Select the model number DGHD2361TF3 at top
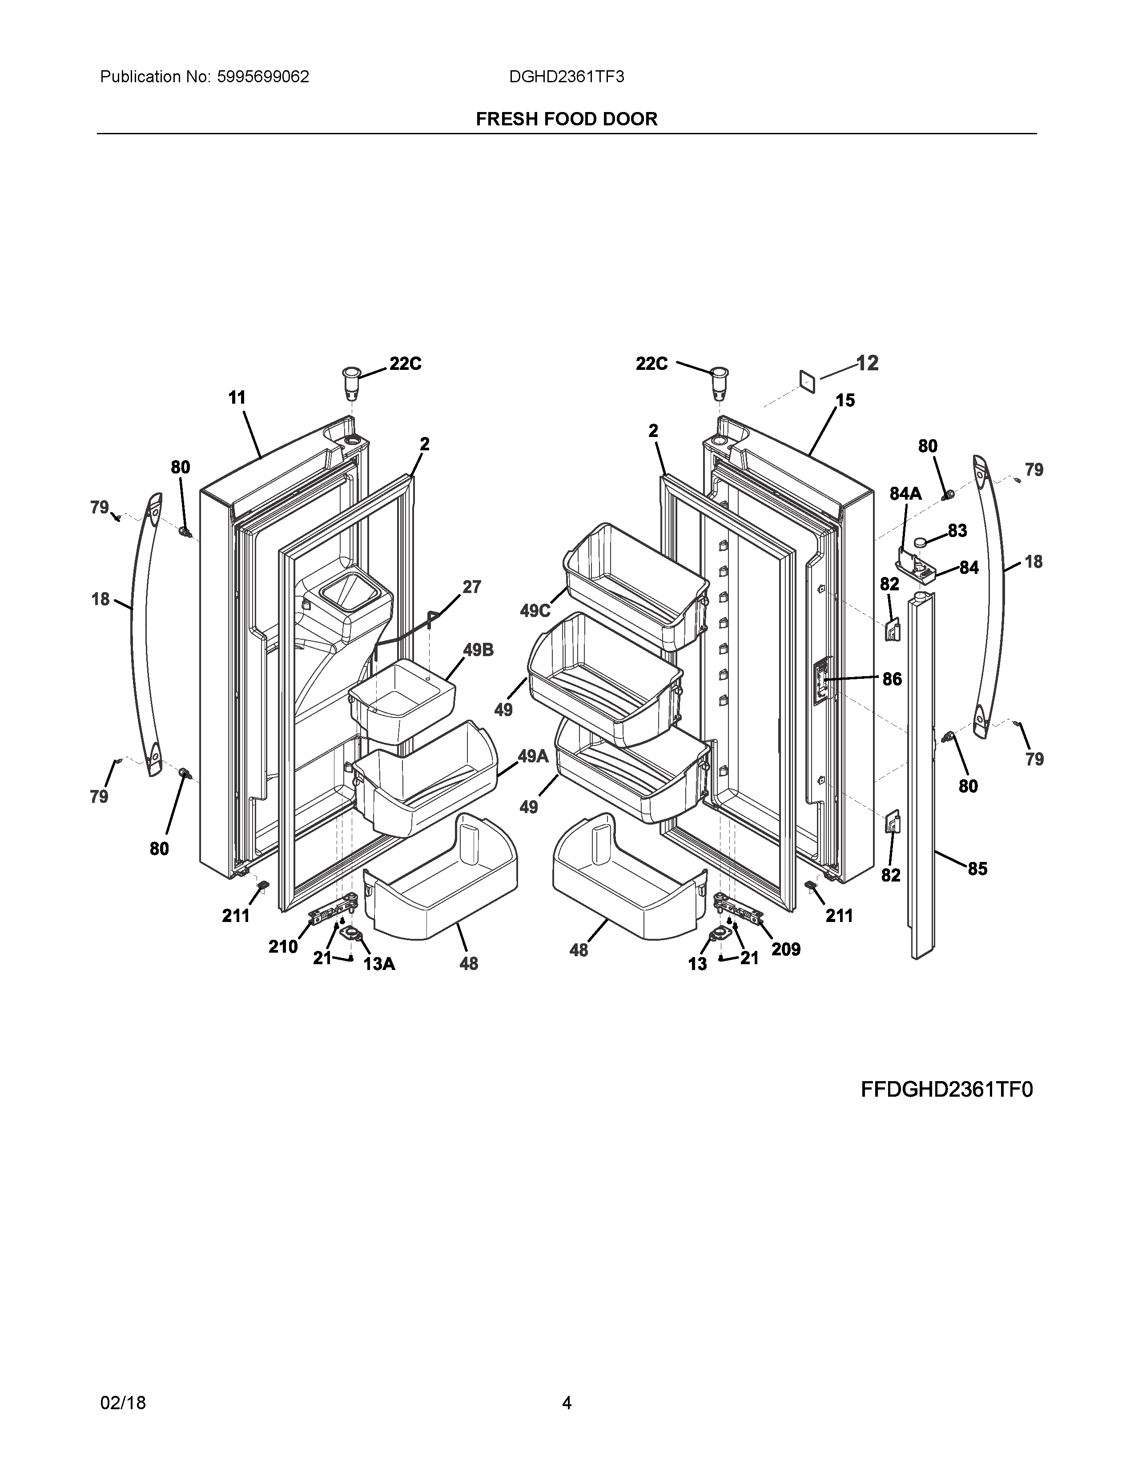click(566, 77)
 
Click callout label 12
click(867, 363)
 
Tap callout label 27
click(471, 587)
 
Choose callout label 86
click(892, 679)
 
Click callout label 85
click(977, 869)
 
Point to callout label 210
click(283, 946)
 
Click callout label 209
click(786, 949)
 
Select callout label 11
click(237, 398)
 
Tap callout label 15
click(845, 401)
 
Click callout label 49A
click(533, 756)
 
